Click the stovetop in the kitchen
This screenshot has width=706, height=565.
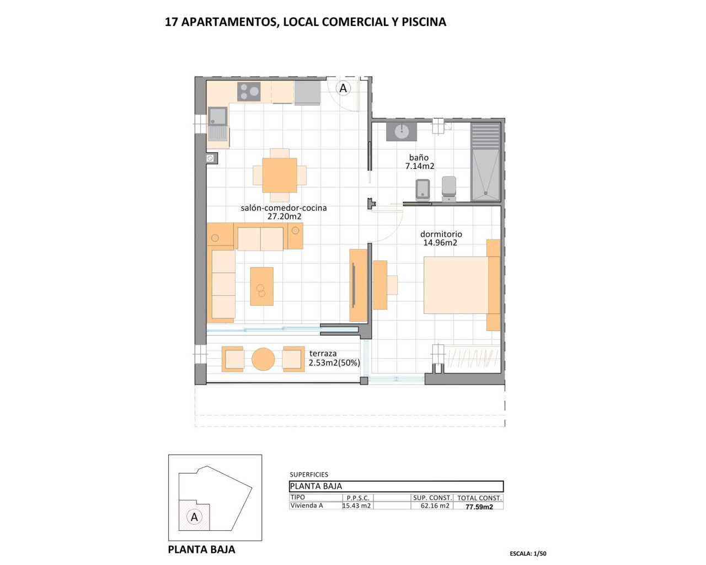coord(249,92)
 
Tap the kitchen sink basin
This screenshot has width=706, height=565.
coord(218,116)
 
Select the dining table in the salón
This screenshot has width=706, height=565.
coord(280,175)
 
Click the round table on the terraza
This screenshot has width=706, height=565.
coord(263,359)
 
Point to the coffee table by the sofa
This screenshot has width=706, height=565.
coord(262,286)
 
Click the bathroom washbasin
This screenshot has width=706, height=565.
coord(402,132)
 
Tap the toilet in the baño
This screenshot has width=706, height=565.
coord(449,187)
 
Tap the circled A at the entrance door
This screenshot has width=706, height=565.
coord(343,88)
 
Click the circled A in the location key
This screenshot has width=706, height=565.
coord(194,517)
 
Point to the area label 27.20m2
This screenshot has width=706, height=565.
coord(284,217)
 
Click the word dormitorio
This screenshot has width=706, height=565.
coord(441,234)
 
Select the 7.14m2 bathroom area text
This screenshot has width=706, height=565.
coord(420,166)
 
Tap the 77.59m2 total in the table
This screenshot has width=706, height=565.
coord(479,507)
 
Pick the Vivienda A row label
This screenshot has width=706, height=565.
coord(307,505)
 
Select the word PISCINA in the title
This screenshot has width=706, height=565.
coord(424,22)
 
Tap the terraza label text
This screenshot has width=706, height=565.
coord(323,354)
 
